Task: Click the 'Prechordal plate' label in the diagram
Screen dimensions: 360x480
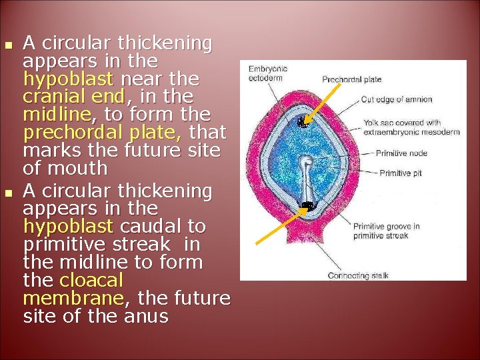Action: click(x=351, y=79)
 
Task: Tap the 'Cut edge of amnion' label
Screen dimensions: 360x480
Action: click(x=396, y=99)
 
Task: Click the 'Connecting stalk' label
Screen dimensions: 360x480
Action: click(x=357, y=275)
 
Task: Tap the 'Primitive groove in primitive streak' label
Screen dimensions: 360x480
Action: click(x=386, y=231)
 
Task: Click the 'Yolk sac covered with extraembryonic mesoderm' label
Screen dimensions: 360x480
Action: click(x=411, y=127)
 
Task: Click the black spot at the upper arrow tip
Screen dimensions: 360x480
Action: click(x=304, y=122)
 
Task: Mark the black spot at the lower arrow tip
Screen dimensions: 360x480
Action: click(x=308, y=205)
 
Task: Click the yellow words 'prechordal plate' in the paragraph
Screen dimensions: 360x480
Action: click(x=124, y=132)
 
